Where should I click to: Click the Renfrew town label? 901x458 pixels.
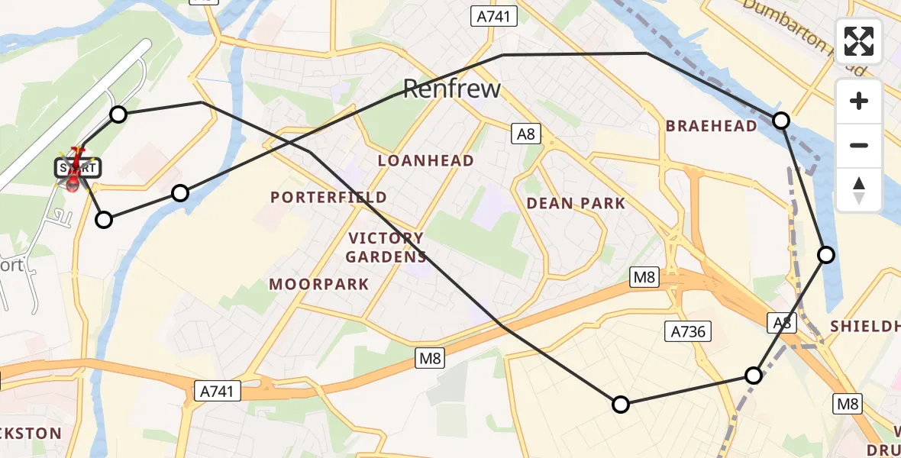coord(451,89)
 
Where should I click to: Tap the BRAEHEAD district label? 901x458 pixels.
coord(712,126)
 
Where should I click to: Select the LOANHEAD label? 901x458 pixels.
coord(425,160)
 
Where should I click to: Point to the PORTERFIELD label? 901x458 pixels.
coord(328,197)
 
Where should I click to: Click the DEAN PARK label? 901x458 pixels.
coord(576,203)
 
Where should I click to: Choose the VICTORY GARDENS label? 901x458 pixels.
coord(386,247)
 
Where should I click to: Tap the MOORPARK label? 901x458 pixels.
coord(319,285)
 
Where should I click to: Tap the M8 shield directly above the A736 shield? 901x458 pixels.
coord(644,278)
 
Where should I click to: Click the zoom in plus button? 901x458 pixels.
coord(859,101)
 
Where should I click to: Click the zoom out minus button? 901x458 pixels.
coord(859,145)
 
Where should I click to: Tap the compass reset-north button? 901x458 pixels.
coord(859,189)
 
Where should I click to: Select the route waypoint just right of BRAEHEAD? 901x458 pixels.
coord(781,120)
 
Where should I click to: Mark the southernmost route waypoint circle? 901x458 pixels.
coord(621,405)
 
